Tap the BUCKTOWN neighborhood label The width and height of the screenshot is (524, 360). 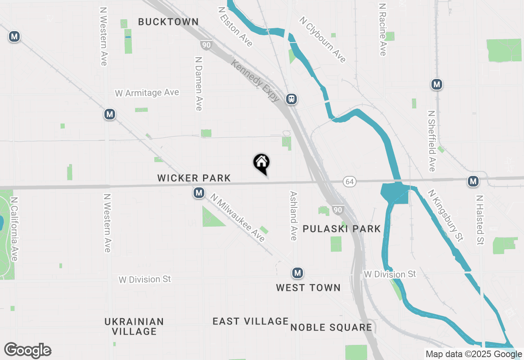pos(168,22)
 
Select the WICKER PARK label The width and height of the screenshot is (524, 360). pos(194,178)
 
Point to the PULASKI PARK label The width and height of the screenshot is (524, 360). pos(342,229)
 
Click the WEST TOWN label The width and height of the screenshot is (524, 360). pos(308,288)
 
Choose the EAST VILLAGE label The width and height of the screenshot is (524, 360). pos(251,322)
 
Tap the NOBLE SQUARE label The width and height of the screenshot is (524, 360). pos(331,327)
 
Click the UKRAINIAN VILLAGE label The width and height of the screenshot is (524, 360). pos(134,326)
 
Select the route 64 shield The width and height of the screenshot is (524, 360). pos(349,182)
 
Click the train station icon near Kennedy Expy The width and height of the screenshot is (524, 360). pos(291,99)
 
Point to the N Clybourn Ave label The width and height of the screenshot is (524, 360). pos(323,40)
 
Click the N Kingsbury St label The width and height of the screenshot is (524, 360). pos(445,215)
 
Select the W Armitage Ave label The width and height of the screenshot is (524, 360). pos(147,93)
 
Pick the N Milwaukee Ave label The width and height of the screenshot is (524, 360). pos(238,218)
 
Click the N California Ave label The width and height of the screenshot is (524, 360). pos(15,229)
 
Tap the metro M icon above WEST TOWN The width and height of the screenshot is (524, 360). pos(298,273)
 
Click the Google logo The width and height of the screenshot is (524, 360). pos(27,350)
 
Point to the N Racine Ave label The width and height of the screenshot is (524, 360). pos(383,29)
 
